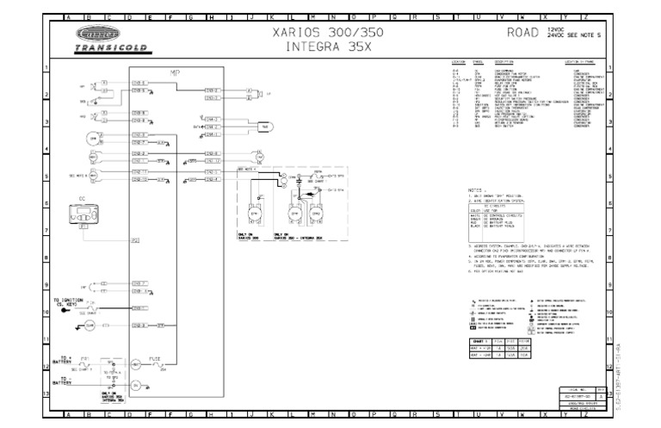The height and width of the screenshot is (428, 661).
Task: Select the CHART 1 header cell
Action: (480, 341)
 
